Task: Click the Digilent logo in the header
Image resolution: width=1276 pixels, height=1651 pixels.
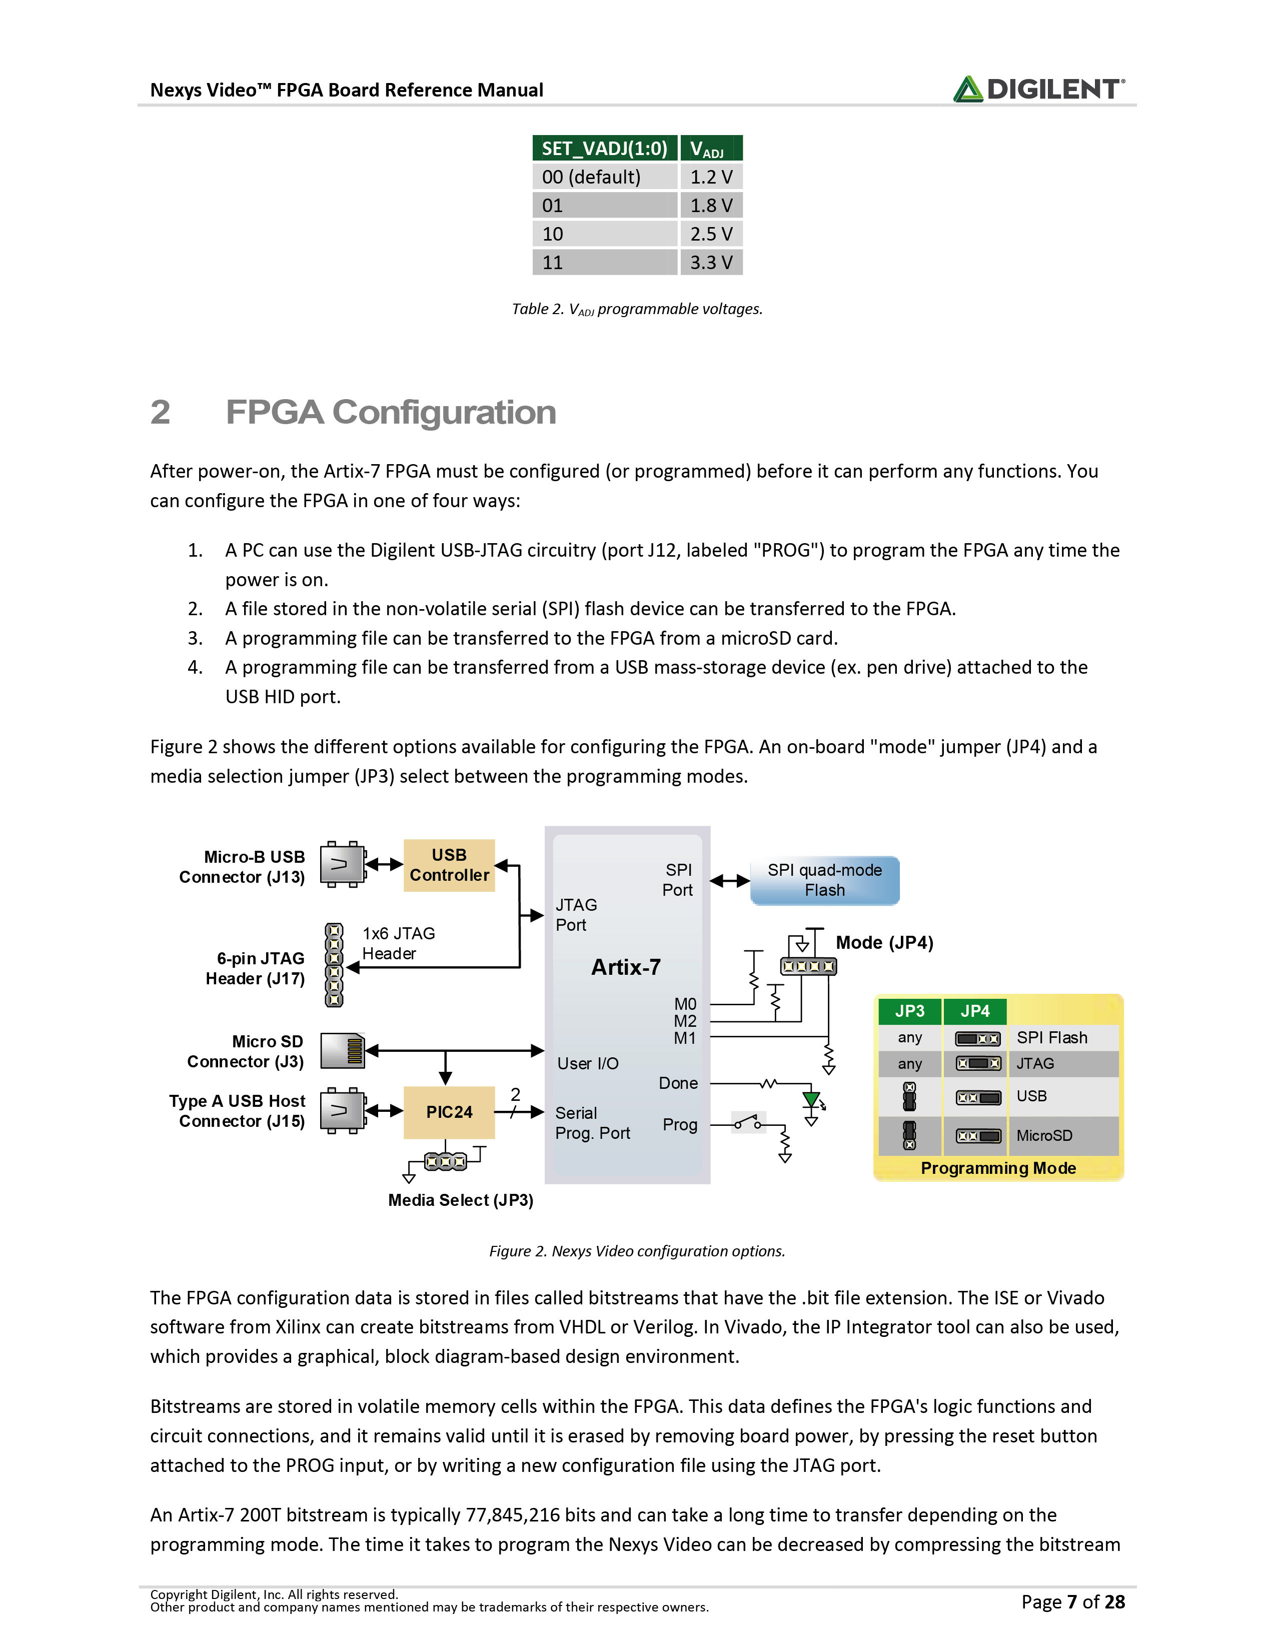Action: coord(1038,89)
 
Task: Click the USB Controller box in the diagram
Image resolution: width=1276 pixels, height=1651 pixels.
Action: coord(449,865)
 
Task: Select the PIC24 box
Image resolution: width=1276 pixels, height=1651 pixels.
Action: coord(449,1112)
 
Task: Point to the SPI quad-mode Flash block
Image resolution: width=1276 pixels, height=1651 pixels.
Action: coord(825,880)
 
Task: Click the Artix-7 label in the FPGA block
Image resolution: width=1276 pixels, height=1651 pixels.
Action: coord(626,967)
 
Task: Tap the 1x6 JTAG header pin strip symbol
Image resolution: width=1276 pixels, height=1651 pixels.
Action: coord(333,965)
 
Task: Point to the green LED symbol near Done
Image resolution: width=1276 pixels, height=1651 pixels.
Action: coord(812,1100)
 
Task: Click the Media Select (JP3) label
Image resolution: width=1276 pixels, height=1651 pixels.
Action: coord(460,1200)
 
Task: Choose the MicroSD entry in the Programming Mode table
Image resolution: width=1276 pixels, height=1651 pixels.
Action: coord(1044,1135)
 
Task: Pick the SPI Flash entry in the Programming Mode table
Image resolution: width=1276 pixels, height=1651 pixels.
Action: coord(1051,1037)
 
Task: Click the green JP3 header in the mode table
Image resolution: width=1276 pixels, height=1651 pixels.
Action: coord(910,1011)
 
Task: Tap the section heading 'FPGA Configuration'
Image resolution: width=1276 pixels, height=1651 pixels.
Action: coord(391,413)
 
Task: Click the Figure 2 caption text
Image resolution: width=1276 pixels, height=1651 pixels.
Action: coord(637,1251)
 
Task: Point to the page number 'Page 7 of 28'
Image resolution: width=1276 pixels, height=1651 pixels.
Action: coord(1072,1602)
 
